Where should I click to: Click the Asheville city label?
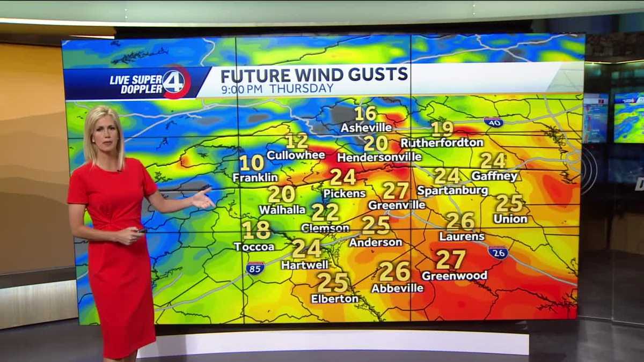[x=367, y=128]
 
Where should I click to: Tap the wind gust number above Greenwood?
[x=450, y=260]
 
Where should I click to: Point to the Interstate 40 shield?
[x=493, y=122]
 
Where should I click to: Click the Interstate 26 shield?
[x=498, y=252]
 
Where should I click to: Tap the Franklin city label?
[x=255, y=178]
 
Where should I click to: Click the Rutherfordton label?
[x=442, y=143]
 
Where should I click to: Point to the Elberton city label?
[x=334, y=299]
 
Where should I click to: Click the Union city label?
[x=510, y=219]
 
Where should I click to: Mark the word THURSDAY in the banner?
[x=301, y=88]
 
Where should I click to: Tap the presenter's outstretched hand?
[x=203, y=199]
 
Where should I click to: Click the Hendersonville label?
[x=379, y=158]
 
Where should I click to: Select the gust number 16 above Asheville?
[x=365, y=114]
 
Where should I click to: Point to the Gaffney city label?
[x=494, y=176]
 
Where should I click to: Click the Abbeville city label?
[x=397, y=288]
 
